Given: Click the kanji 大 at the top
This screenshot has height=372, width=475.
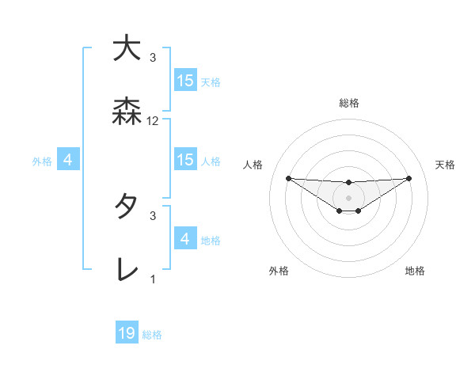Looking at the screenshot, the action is pos(127,48).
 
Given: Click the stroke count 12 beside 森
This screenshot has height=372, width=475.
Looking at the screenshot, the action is pos(153,121).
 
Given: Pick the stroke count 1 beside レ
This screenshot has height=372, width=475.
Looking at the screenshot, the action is pos(153,279).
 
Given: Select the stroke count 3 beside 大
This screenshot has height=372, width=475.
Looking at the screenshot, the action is pos(153,57).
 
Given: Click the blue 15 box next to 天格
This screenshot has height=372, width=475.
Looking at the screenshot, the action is pos(185,81).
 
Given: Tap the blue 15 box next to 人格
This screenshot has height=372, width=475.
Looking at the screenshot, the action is pos(185,160).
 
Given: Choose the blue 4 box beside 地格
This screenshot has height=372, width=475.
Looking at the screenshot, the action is pos(185,239).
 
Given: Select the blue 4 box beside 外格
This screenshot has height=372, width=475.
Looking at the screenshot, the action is pos(68,160).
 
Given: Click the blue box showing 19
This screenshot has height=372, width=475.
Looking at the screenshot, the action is pos(127,333).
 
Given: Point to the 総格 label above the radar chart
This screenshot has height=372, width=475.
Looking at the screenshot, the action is pos(348,103).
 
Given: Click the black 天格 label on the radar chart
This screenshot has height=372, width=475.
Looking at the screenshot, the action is pos(445,165).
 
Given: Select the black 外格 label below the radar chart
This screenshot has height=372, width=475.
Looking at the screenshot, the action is pos(279,271).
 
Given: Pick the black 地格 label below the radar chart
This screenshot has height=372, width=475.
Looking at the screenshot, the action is pos(415,271).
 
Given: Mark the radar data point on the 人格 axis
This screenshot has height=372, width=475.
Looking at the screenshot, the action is pos(288,178).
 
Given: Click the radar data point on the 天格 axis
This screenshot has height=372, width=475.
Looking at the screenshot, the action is pos(408,178).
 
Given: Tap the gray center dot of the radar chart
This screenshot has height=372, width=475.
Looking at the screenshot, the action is pos(348,197).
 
